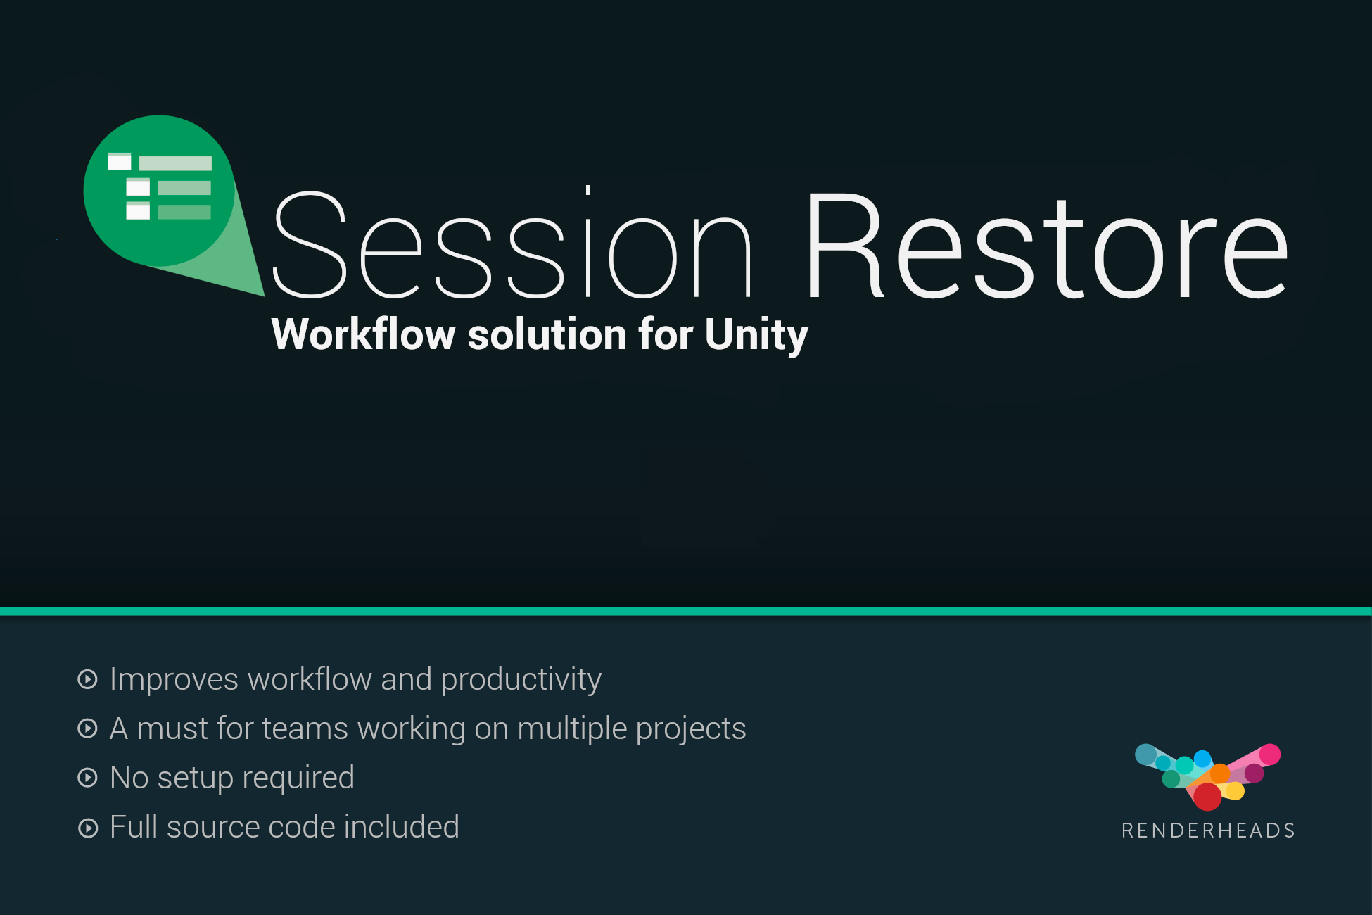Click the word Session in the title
pos(512,243)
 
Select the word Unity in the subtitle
pos(756,335)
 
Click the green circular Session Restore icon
pos(159,191)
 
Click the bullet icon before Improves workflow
pos(87,679)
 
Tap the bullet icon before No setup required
pos(87,778)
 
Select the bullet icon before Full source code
pos(87,828)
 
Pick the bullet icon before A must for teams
pos(87,728)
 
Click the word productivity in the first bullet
pos(521,681)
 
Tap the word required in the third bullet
pos(298,779)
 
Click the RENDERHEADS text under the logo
pos(1208,831)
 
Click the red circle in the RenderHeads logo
pos(1207,797)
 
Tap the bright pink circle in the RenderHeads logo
pos(1269,755)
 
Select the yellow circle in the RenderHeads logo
pos(1236,791)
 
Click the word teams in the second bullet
pos(305,728)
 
